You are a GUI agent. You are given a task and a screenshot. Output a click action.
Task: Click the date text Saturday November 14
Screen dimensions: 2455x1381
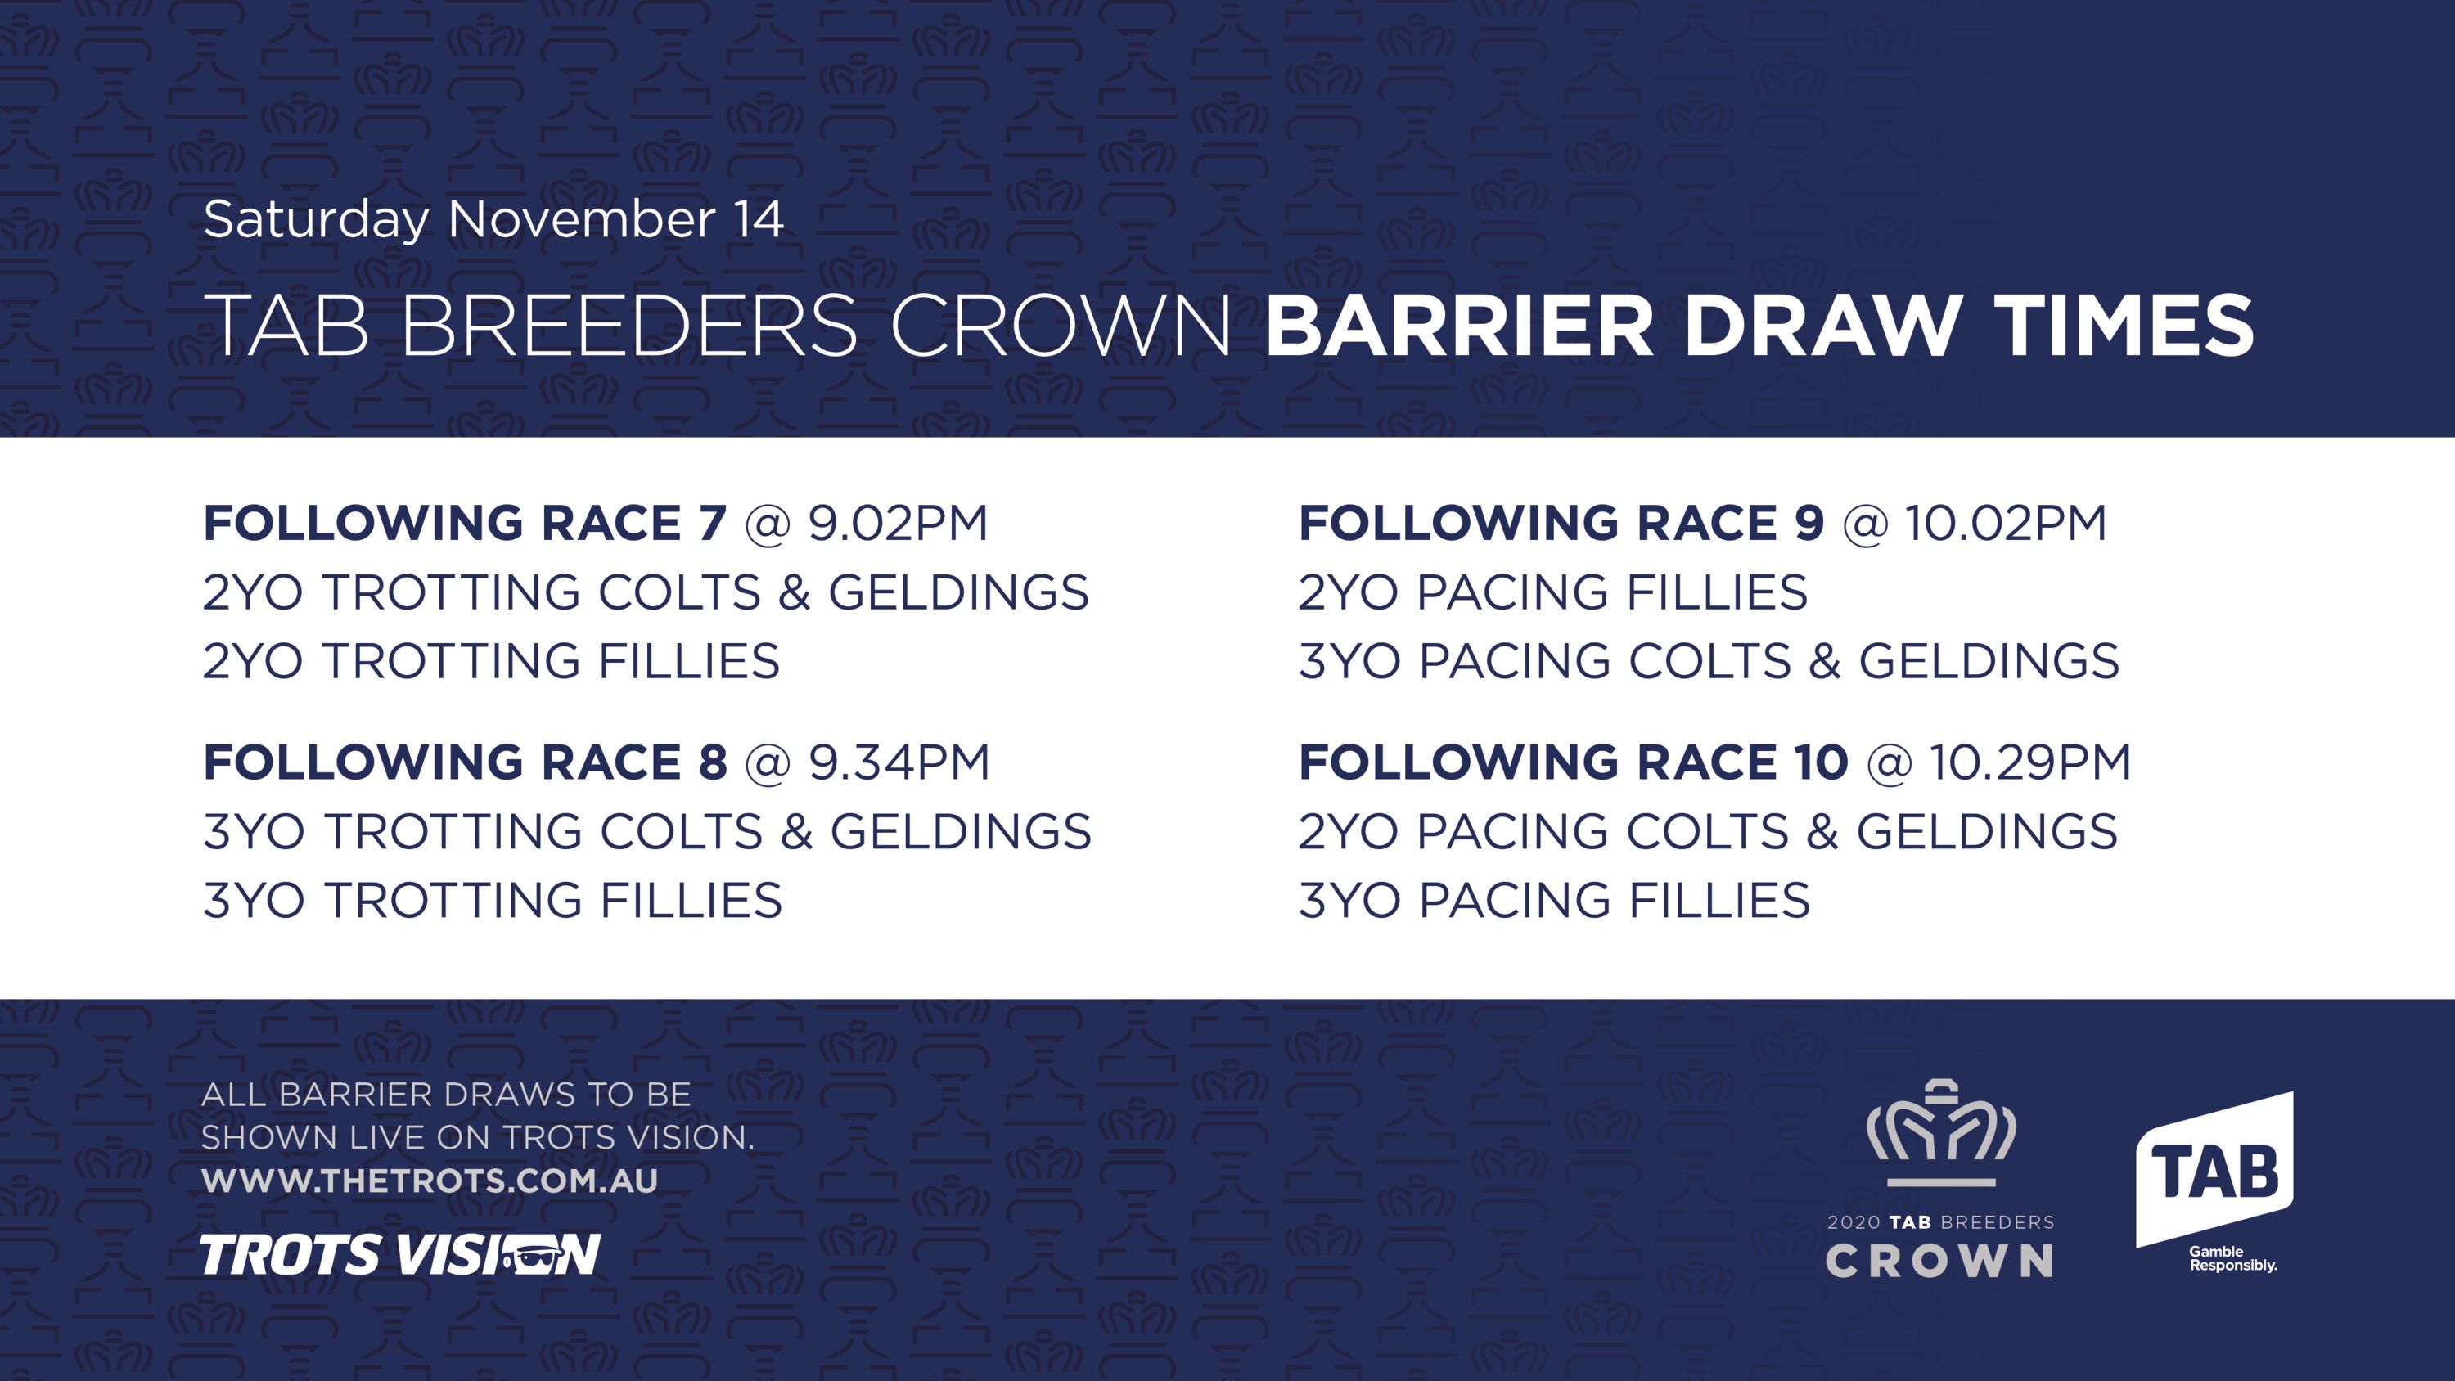[493, 220]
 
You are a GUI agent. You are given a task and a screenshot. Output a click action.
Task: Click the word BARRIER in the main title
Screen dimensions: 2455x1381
[1459, 325]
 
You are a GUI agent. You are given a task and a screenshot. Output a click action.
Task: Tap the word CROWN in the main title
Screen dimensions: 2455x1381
[1060, 325]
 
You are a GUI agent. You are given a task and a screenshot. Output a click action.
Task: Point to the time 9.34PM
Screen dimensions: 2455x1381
[899, 762]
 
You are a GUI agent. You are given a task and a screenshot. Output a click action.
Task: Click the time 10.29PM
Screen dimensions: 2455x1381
[2030, 762]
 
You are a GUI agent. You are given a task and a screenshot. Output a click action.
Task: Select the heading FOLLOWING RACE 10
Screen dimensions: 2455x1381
[1574, 762]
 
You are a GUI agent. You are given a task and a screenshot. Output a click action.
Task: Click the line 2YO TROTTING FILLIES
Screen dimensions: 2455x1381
[492, 660]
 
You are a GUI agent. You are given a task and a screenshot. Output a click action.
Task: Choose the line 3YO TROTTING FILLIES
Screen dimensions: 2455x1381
[493, 900]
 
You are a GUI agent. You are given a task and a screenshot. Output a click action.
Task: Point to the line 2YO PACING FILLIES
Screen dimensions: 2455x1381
[1553, 592]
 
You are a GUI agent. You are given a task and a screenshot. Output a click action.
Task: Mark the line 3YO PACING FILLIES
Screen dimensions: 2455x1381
[1554, 900]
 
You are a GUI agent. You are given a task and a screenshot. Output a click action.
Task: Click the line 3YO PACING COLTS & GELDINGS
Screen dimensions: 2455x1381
[1709, 660]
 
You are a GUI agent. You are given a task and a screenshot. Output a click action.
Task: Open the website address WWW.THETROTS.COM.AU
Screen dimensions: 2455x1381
[430, 1181]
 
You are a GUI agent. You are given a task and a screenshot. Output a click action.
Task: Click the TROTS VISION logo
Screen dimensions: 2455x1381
[400, 1254]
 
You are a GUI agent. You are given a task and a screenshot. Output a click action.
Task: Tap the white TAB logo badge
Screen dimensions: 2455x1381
[2215, 1168]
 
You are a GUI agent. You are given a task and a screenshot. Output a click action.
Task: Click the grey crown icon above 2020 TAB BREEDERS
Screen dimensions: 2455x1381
[1941, 1132]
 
